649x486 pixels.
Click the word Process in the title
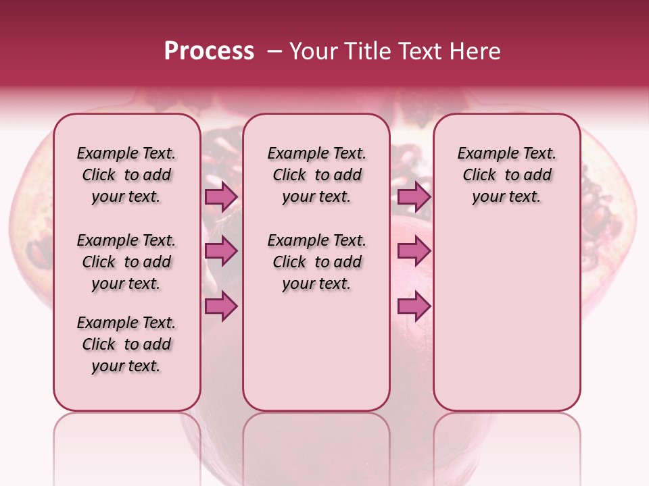209,51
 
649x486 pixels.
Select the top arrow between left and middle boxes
221,196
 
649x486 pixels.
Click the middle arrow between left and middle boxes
221,251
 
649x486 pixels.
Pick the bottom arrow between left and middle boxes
221,306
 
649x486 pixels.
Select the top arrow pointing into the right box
414,196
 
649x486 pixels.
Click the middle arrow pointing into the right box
414,251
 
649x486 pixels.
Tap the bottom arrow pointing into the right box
414,306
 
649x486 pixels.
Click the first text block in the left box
126,175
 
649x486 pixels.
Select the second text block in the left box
126,262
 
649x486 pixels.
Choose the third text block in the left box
126,344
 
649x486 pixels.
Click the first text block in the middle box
316,175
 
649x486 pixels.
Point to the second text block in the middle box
316,262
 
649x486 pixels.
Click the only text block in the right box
506,175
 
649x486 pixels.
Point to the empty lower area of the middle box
316,351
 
